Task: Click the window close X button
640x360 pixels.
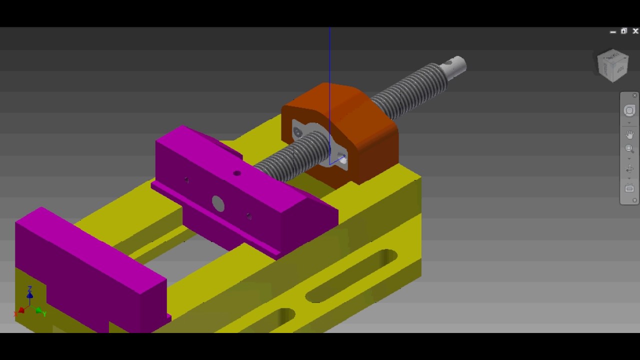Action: click(635, 31)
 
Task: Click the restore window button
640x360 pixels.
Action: click(624, 31)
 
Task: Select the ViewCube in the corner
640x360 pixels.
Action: click(613, 65)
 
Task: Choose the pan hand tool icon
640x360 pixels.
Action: click(629, 134)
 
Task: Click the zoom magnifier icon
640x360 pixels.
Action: click(629, 148)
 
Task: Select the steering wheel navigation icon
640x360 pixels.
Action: click(629, 110)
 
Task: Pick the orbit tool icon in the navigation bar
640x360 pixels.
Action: click(629, 169)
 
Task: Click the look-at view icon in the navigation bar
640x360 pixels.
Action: click(629, 188)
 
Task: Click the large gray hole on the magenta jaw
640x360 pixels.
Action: click(218, 203)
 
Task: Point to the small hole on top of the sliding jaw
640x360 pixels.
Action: click(236, 173)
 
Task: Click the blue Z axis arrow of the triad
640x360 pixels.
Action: click(30, 295)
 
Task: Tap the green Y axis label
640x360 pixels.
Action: click(44, 314)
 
